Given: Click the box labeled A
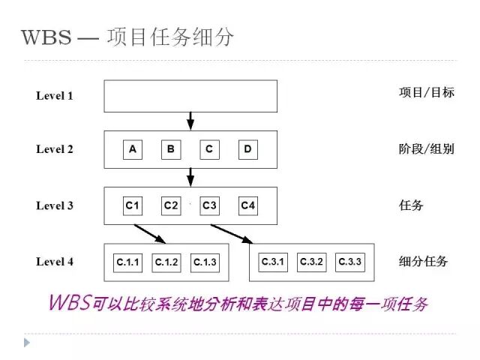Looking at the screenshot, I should pyautogui.click(x=133, y=149).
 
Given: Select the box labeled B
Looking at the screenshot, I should pyautogui.click(x=171, y=149).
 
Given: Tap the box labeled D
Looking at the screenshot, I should pyautogui.click(x=247, y=149).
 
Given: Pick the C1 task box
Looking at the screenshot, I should pyautogui.click(x=133, y=205).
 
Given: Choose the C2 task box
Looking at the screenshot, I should pyautogui.click(x=171, y=205).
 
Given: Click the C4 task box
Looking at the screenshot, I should pyautogui.click(x=247, y=205).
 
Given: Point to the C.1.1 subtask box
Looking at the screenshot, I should pyautogui.click(x=126, y=262).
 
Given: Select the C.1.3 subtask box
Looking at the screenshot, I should pyautogui.click(x=204, y=262).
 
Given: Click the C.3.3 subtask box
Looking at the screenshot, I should pyautogui.click(x=349, y=262).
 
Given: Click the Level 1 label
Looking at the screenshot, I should pyautogui.click(x=55, y=96).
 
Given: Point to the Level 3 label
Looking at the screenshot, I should pyautogui.click(x=55, y=205).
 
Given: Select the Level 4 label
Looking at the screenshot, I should pyautogui.click(x=55, y=262).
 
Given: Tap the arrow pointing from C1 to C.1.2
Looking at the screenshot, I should pyautogui.click(x=150, y=233).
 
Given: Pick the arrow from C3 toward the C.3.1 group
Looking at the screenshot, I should pyautogui.click(x=232, y=233).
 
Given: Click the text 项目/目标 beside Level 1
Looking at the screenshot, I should pyautogui.click(x=426, y=93).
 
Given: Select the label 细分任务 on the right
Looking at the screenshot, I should pyautogui.click(x=423, y=262).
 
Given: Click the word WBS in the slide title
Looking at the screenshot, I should pyautogui.click(x=46, y=37).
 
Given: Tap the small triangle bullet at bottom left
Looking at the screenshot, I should pyautogui.click(x=28, y=342).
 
